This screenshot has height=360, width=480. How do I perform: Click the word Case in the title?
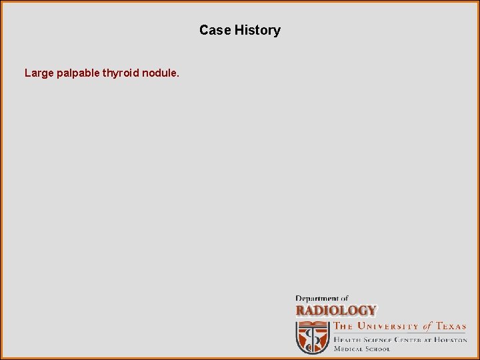pyautogui.click(x=215, y=30)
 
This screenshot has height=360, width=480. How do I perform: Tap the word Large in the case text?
pyautogui.click(x=39, y=73)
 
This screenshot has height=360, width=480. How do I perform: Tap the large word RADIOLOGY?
pyautogui.click(x=336, y=311)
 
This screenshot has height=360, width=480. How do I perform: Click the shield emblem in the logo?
pyautogui.click(x=313, y=339)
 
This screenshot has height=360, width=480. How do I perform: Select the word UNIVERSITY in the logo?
pyautogui.click(x=387, y=326)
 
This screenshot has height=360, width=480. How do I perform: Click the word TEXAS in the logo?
pyautogui.click(x=451, y=326)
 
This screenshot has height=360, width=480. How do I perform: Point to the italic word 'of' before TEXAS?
pyautogui.click(x=428, y=326)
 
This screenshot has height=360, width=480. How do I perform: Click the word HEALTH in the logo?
pyautogui.click(x=347, y=340)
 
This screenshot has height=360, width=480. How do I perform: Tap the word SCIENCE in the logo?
pyautogui.click(x=378, y=340)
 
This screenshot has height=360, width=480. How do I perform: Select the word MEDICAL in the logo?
pyautogui.click(x=349, y=349)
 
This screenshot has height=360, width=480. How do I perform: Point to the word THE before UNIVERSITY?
pyautogui.click(x=343, y=326)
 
